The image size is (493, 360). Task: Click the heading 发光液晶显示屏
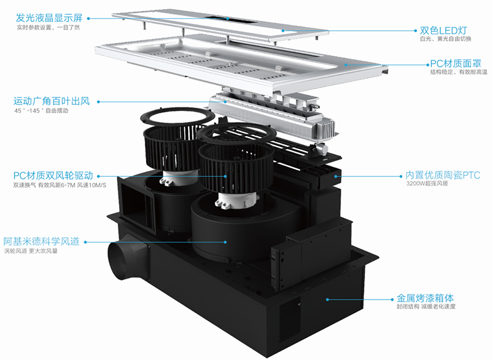49,18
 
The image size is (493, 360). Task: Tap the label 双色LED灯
443,30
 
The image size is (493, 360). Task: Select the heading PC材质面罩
455,63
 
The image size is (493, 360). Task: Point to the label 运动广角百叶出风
52,101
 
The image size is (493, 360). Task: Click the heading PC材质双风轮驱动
53,175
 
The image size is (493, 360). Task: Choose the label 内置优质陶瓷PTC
442,175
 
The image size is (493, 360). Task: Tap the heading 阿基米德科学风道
41,241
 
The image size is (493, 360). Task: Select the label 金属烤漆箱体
425,298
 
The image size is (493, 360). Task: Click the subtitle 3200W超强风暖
427,183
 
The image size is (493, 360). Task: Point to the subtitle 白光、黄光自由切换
446,39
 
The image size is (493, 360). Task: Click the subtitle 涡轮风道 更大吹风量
31,251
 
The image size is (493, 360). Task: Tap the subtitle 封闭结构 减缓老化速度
426,306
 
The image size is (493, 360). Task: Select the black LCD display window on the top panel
230,19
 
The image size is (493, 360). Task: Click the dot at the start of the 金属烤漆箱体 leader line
327,300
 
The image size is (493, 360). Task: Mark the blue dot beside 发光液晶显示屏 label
88,18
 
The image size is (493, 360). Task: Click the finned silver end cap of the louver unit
325,129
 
